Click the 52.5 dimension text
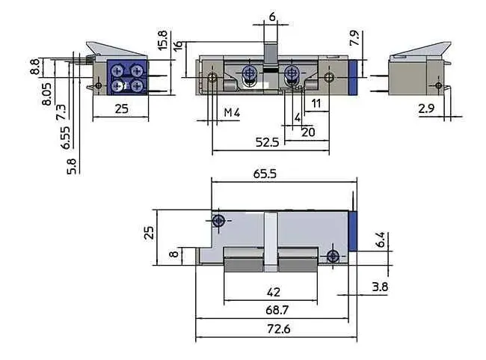coord(266,141)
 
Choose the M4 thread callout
coord(233,112)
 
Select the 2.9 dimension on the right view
coord(427,109)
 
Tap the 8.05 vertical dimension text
coord(46,97)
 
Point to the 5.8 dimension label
coord(71,165)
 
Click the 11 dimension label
coord(316,102)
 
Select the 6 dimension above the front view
coord(271,16)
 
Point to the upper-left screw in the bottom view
coord(218,221)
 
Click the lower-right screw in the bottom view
coord(332,257)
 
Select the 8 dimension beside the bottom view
coord(173,254)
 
